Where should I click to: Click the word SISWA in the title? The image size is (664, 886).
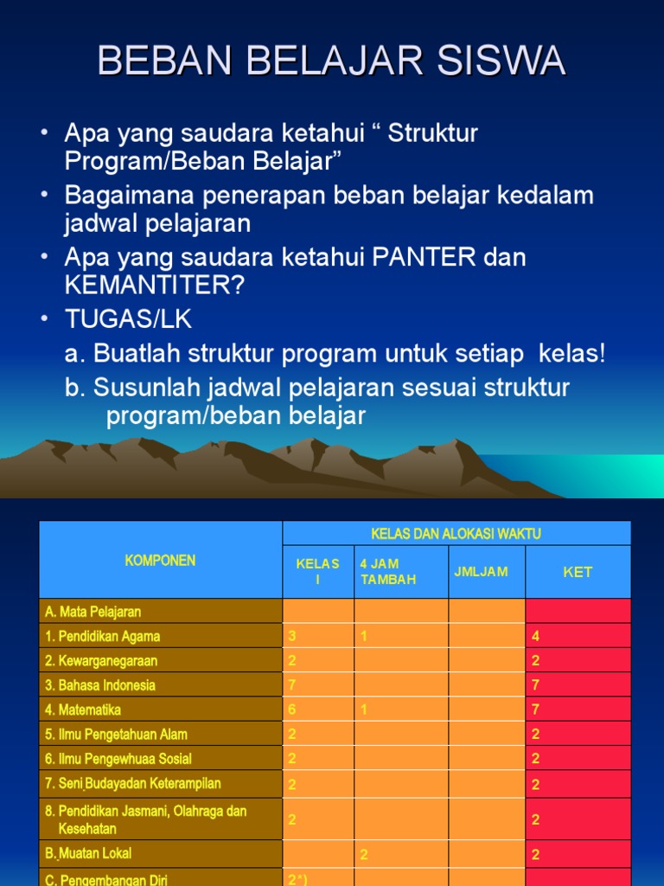tap(501, 60)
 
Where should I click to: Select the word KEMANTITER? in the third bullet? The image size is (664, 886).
tap(155, 285)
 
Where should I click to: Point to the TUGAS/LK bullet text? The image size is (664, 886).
tap(128, 319)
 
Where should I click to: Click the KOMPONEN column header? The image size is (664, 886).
tap(160, 561)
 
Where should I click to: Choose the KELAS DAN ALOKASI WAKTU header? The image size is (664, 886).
tap(456, 534)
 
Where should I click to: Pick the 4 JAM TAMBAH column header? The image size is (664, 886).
tap(388, 571)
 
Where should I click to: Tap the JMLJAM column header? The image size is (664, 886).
tap(481, 572)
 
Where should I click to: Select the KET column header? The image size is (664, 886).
tap(578, 573)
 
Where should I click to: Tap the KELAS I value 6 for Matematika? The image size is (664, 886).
tap(292, 709)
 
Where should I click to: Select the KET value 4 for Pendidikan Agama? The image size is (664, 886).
tap(535, 636)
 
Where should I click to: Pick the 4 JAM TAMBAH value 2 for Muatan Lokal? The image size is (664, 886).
tap(364, 854)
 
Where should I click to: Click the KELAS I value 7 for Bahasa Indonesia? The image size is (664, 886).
tap(292, 685)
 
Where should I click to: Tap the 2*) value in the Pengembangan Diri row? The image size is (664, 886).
tap(297, 879)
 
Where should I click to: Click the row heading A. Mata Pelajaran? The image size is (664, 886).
tap(93, 612)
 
